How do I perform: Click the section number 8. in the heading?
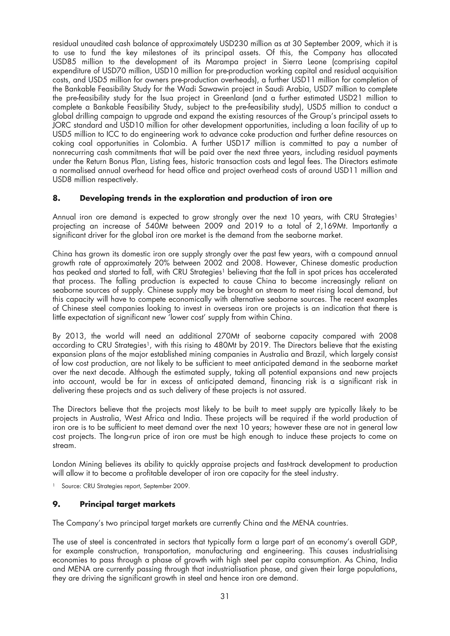coord(56,198)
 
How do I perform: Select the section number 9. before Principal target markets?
coord(56,504)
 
